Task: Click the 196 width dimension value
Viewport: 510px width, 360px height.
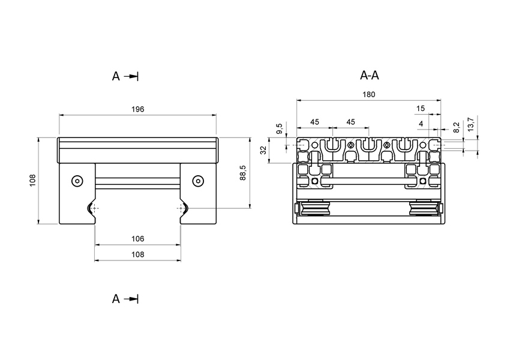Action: point(137,109)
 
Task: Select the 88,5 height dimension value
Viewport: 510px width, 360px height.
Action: point(242,173)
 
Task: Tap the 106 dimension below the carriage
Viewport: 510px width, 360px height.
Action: point(137,238)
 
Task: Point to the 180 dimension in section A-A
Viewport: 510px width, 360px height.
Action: point(369,94)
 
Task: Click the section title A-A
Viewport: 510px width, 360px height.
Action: point(369,76)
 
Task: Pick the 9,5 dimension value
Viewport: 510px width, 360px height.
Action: point(279,129)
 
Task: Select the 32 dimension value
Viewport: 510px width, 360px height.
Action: point(263,150)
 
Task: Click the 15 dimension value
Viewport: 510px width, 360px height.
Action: point(420,109)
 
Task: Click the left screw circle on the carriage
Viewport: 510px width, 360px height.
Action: point(76,181)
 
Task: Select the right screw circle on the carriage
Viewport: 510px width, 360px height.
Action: point(198,181)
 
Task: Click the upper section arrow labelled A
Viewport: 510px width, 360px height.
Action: point(125,76)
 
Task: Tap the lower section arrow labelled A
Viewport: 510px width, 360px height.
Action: point(125,299)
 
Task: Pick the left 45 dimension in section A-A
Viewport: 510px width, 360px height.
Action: point(314,122)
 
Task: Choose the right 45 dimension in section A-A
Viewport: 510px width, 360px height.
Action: point(351,122)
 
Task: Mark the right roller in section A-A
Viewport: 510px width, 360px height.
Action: point(422,209)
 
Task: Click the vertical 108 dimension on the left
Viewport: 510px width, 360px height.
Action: point(32,181)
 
